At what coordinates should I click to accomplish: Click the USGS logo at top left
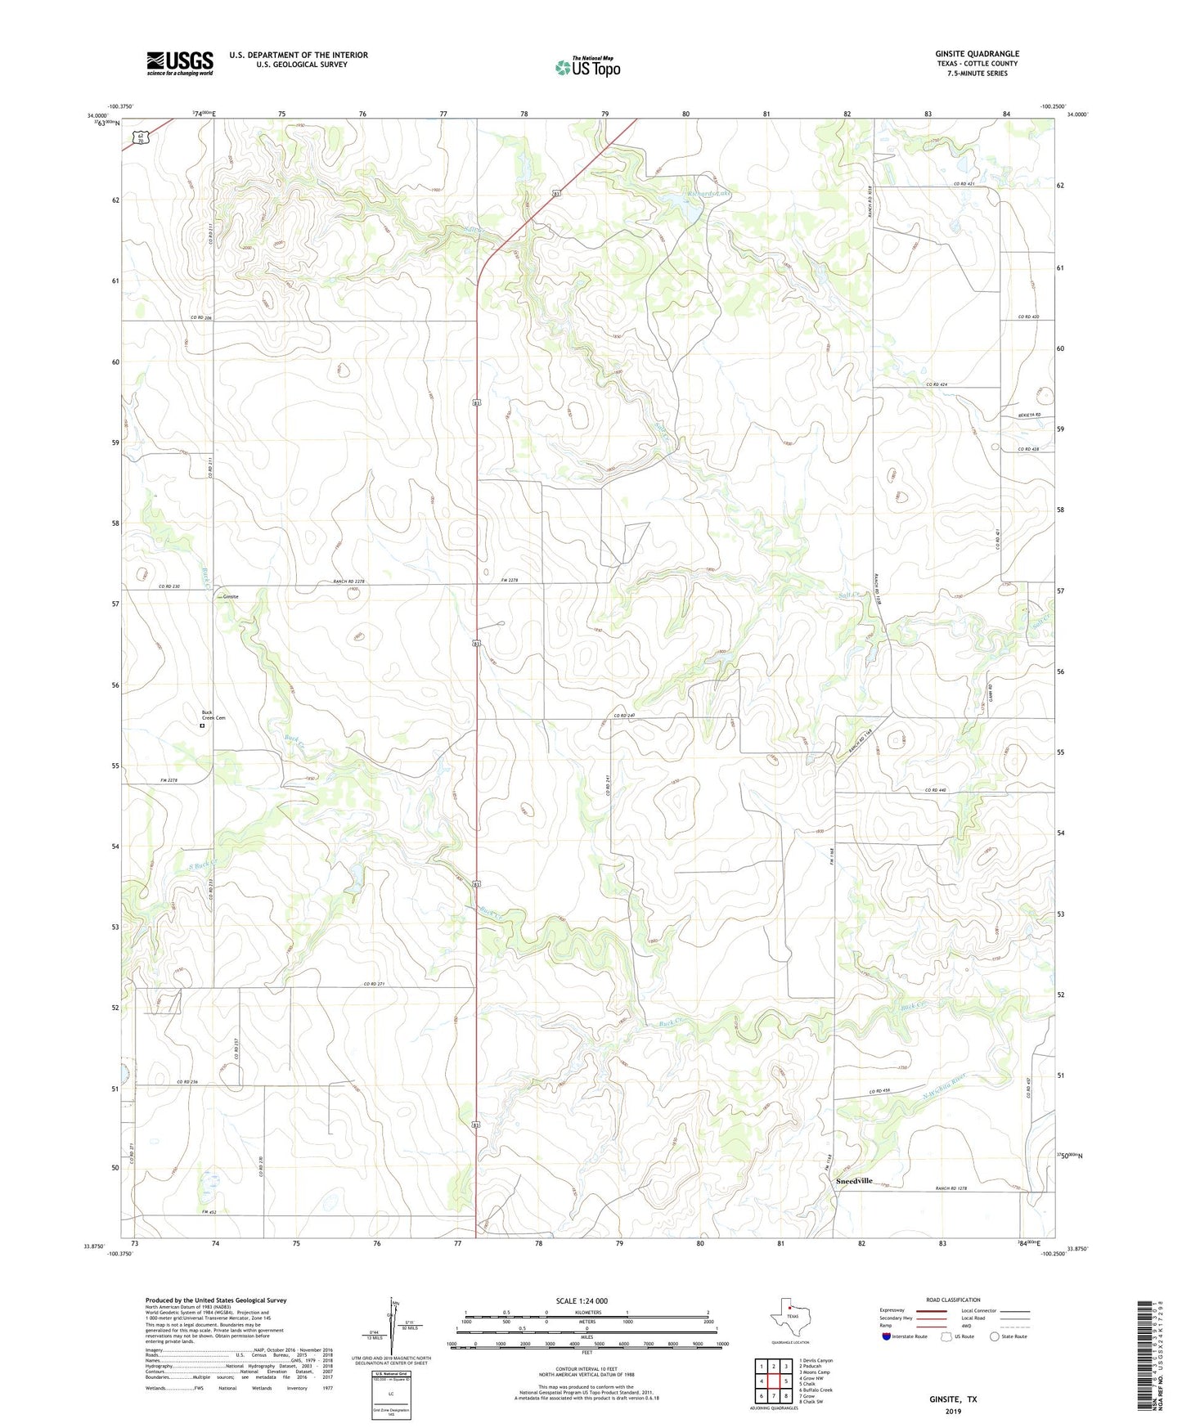click(180, 63)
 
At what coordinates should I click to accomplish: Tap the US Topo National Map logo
click(587, 67)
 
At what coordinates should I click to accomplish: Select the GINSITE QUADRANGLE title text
click(977, 54)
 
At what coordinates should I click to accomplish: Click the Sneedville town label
click(853, 1182)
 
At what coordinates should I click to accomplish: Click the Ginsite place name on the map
click(231, 597)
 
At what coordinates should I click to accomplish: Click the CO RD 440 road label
click(940, 789)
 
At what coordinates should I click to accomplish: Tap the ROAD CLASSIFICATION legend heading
click(953, 1300)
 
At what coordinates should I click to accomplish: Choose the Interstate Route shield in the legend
click(888, 1336)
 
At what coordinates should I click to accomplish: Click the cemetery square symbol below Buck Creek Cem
click(202, 725)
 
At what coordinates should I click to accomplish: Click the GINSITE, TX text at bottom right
click(952, 1399)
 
